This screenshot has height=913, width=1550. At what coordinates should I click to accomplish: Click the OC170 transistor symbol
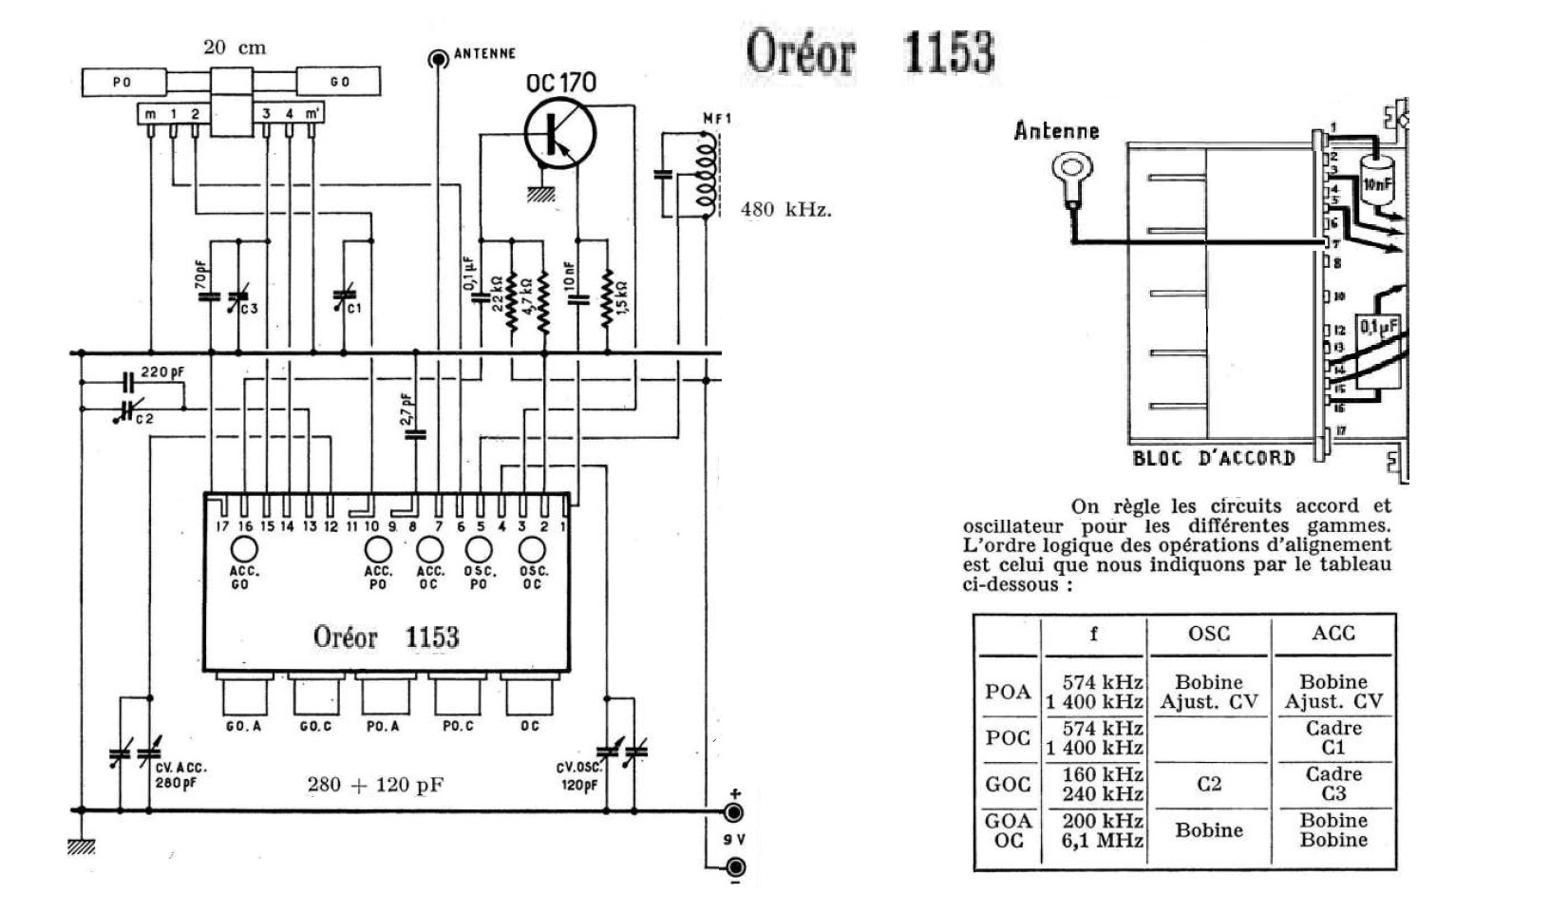tap(559, 134)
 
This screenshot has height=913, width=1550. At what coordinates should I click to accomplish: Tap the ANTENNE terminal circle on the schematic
tap(438, 60)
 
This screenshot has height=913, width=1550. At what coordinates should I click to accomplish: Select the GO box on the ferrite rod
tap(339, 82)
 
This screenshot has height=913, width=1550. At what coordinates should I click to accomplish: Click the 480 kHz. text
tap(785, 209)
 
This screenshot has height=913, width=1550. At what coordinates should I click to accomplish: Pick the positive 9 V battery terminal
tap(734, 812)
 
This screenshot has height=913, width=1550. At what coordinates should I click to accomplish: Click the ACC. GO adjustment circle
tap(244, 549)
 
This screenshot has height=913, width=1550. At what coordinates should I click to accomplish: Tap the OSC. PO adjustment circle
tap(479, 549)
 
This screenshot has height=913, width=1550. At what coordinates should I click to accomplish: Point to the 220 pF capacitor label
tap(161, 372)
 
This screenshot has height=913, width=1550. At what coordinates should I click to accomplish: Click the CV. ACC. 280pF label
tap(180, 775)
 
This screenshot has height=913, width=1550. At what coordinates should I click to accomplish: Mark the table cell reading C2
tap(1208, 784)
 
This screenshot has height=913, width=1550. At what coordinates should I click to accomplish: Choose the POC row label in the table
tap(1007, 738)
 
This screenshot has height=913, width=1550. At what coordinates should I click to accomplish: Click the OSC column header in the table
tap(1208, 634)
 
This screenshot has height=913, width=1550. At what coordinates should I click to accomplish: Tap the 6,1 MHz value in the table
tap(1102, 841)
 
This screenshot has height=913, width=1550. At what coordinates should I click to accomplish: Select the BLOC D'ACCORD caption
tap(1213, 458)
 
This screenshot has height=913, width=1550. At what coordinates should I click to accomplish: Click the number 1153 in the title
tap(948, 52)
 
